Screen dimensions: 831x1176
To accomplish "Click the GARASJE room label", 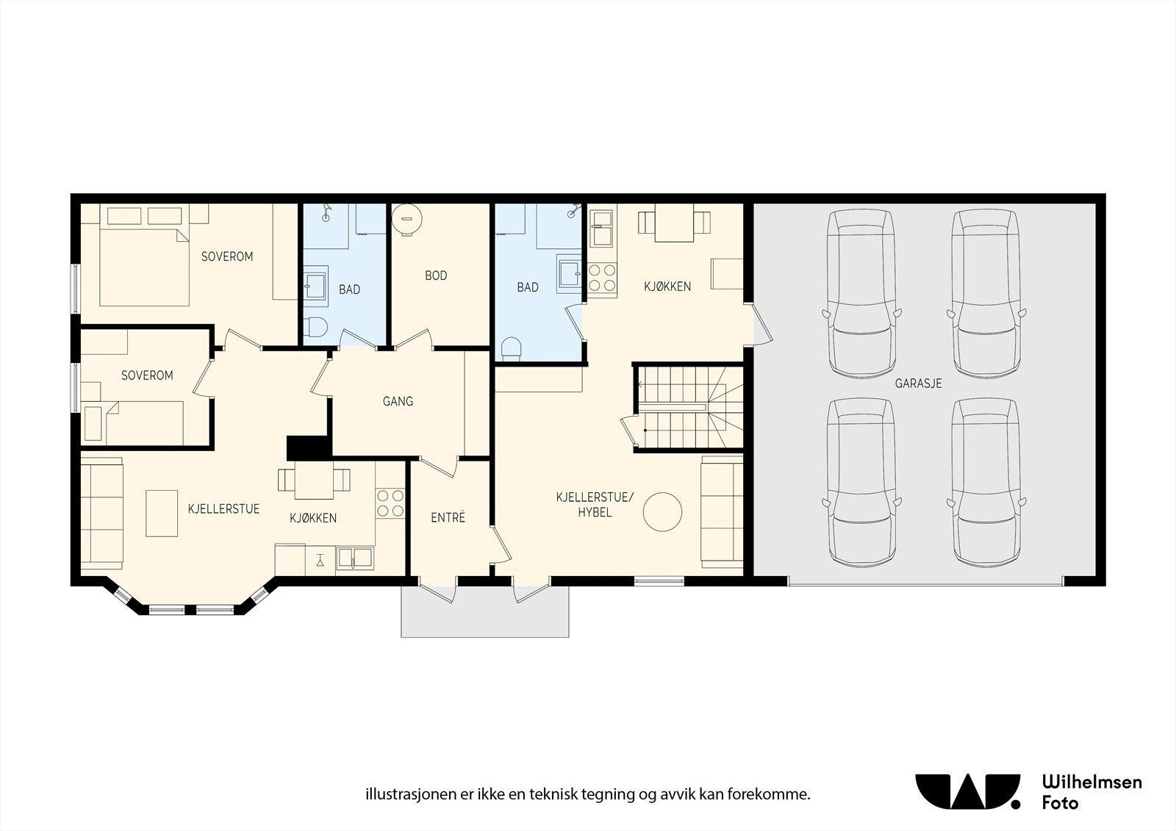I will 918,384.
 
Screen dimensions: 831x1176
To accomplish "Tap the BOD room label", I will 436,276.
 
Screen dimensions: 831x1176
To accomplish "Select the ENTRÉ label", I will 448,517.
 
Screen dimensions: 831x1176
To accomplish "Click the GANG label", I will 398,401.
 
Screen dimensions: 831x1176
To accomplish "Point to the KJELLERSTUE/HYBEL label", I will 595,505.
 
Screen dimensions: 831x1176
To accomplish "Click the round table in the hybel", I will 662,511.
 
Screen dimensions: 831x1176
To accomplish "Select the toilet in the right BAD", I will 511,348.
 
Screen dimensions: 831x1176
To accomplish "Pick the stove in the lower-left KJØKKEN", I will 390,503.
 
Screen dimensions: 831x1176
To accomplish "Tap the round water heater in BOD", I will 406,217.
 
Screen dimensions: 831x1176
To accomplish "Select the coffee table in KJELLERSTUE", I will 162,514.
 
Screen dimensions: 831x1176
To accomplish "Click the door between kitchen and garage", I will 761,324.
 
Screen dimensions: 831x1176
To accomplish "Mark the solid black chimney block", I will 307,447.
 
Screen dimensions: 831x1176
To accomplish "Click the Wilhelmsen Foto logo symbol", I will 967,791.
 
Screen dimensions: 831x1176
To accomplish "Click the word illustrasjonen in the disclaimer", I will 402,794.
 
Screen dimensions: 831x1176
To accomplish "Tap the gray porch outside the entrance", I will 485,616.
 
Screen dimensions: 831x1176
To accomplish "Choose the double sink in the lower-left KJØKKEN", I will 355,558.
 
